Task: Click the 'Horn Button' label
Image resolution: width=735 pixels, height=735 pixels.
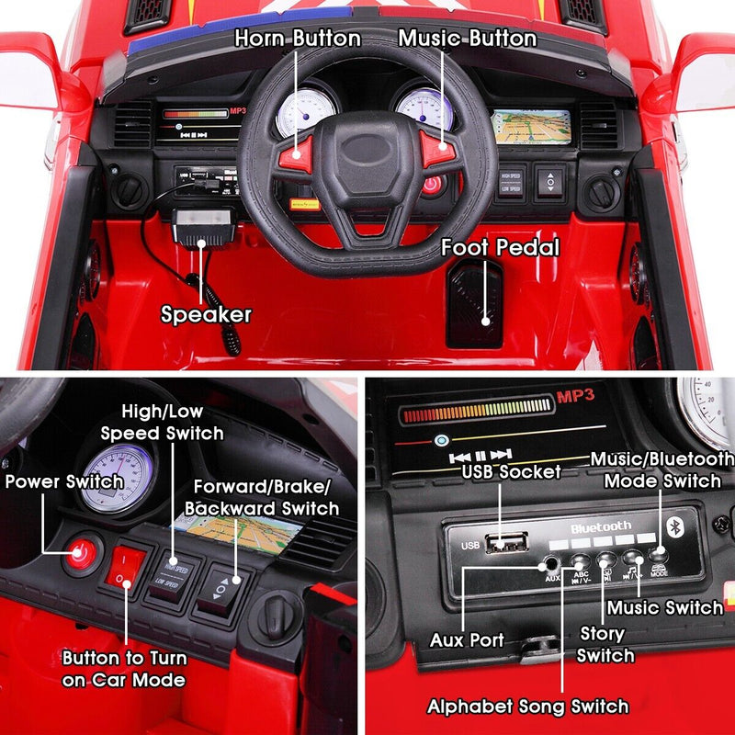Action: (x=297, y=39)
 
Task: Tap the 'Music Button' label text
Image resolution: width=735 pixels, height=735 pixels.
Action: (x=467, y=39)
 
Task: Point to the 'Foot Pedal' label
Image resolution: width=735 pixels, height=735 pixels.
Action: (x=500, y=247)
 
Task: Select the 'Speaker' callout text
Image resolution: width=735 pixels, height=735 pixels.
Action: (x=206, y=314)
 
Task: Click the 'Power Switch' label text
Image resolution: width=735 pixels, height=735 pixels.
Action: (x=63, y=481)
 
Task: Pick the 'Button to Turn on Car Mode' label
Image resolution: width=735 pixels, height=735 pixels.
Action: (x=124, y=669)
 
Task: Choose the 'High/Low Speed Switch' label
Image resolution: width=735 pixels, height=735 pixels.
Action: (x=162, y=423)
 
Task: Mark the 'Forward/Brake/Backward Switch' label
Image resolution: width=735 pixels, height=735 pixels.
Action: (x=262, y=497)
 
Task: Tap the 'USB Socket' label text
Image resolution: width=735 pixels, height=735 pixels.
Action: (x=512, y=472)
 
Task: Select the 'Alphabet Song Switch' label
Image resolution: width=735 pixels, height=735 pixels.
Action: (x=527, y=706)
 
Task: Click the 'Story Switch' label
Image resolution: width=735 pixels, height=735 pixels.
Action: (x=605, y=644)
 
